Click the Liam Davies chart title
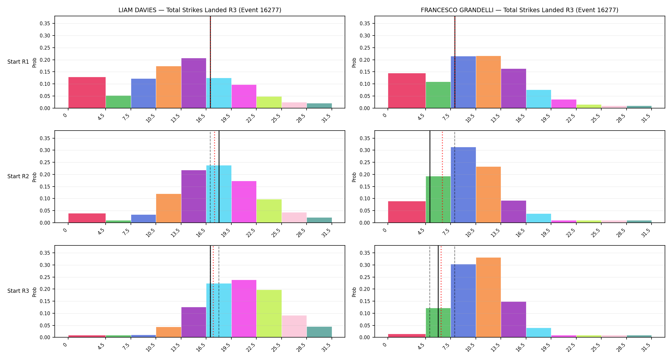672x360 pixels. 200,10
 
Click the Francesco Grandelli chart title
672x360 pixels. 519,10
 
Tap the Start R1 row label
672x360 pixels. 18,62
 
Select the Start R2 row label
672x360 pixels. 18,176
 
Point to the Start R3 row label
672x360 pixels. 18,291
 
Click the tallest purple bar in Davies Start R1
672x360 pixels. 194,83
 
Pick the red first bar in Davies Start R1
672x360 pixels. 87,92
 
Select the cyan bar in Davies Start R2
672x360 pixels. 219,194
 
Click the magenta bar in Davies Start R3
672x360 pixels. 244,308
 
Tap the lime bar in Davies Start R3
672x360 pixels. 269,314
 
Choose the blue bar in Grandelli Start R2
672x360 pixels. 463,185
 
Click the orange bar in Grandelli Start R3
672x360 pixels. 488,297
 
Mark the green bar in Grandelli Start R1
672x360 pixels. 438,95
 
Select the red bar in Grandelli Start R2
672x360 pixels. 407,212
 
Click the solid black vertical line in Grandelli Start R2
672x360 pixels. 430,177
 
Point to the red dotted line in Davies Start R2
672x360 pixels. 214,177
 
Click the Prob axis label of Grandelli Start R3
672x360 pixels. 354,292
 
